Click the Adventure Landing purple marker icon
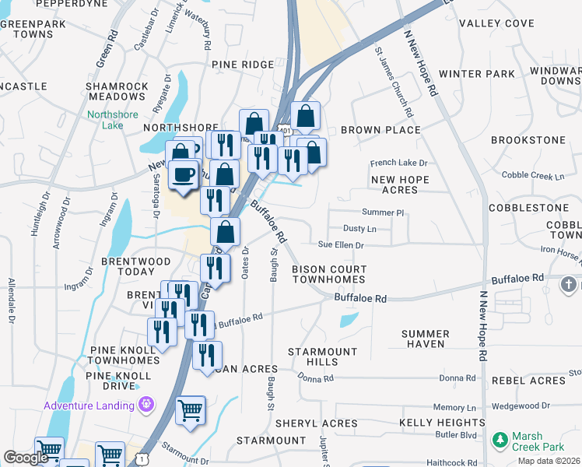(145, 405)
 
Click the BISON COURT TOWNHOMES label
(328, 274)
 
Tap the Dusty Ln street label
(359, 229)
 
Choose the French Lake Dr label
(398, 163)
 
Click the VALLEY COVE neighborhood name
(496, 23)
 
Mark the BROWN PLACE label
(380, 130)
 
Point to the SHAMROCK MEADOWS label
(117, 91)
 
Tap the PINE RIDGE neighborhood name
(242, 66)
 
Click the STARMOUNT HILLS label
(322, 357)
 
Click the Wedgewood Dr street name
(524, 406)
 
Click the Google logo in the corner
(26, 458)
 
